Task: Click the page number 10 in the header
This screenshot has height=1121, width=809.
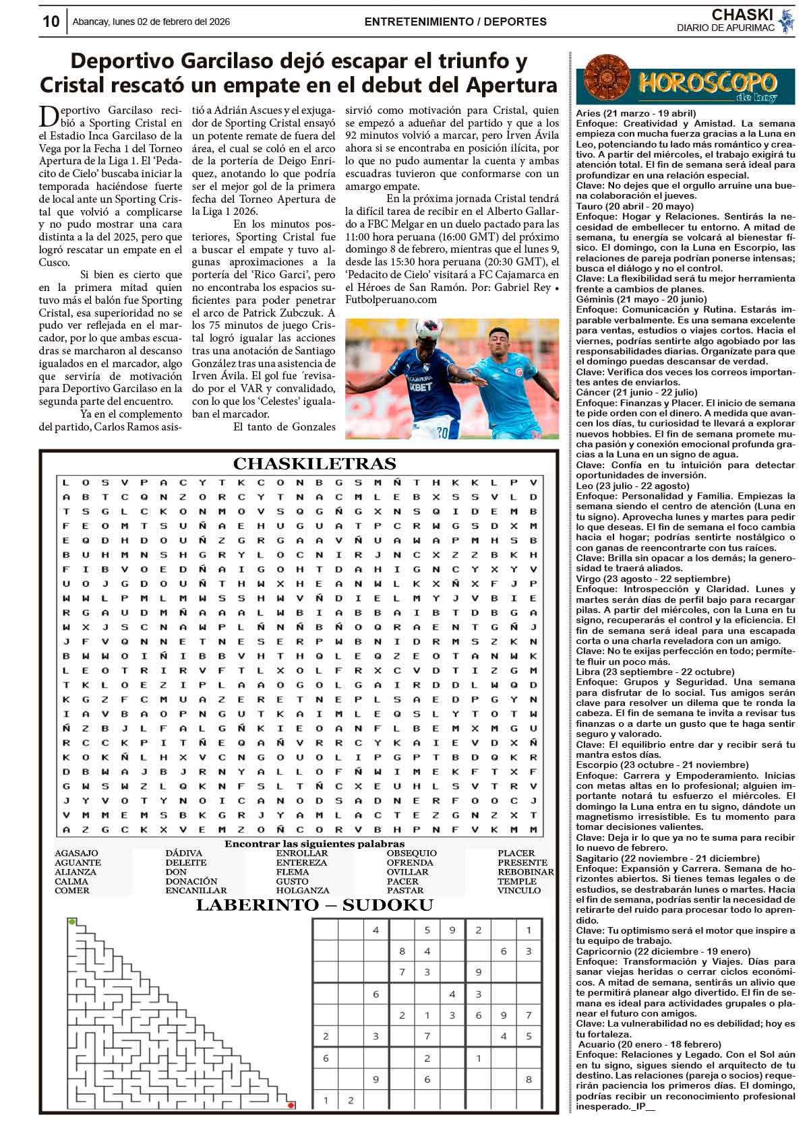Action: pos(51,22)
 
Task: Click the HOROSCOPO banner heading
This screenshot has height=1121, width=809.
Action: pos(707,83)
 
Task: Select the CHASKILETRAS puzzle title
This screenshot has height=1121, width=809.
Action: pos(314,464)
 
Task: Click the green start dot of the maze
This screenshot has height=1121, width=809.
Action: pos(72,921)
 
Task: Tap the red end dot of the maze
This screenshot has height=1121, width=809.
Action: pos(291,1106)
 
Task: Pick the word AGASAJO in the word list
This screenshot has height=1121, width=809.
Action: pos(76,854)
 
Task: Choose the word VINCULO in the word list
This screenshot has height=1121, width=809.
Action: pos(519,891)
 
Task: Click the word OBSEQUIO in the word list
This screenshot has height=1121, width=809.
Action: pos(411,854)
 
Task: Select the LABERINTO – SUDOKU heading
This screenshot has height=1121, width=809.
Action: pos(314,905)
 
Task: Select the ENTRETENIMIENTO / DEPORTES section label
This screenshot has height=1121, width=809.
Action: pos(455,22)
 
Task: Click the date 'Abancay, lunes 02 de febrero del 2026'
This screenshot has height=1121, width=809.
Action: pos(151,22)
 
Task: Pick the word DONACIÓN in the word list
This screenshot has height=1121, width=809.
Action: pos(191,881)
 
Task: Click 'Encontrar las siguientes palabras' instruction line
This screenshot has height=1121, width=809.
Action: pos(314,843)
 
